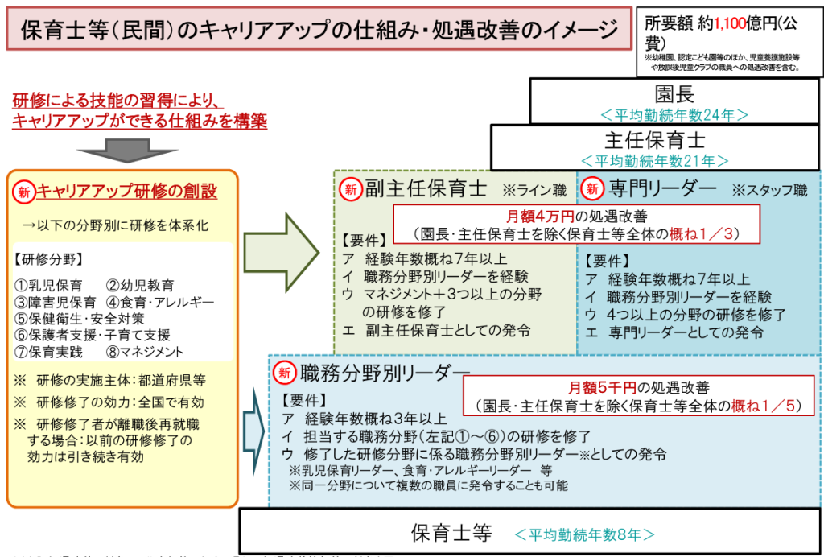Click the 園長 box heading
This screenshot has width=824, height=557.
[674, 93]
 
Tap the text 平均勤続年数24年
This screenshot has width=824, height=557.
[674, 113]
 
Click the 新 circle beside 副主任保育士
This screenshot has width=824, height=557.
[350, 190]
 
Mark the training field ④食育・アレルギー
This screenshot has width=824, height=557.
[160, 303]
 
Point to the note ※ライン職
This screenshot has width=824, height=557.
[534, 192]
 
